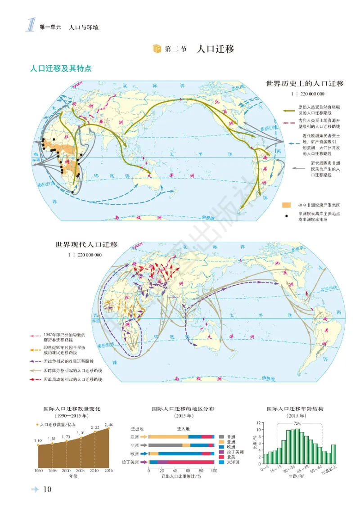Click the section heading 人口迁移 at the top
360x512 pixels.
[216, 49]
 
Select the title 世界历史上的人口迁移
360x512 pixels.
[305, 84]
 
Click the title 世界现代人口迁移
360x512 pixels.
[86, 245]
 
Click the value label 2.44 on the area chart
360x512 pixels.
[108, 424]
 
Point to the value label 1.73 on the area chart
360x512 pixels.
[66, 437]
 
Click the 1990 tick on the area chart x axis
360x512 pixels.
[39, 470]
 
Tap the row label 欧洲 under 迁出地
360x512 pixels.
[135, 454]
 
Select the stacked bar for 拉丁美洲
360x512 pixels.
[181, 462]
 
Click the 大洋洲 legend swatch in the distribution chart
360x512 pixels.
[221, 462]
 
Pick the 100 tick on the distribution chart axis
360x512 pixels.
[214, 471]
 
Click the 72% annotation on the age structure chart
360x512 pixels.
[297, 423]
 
